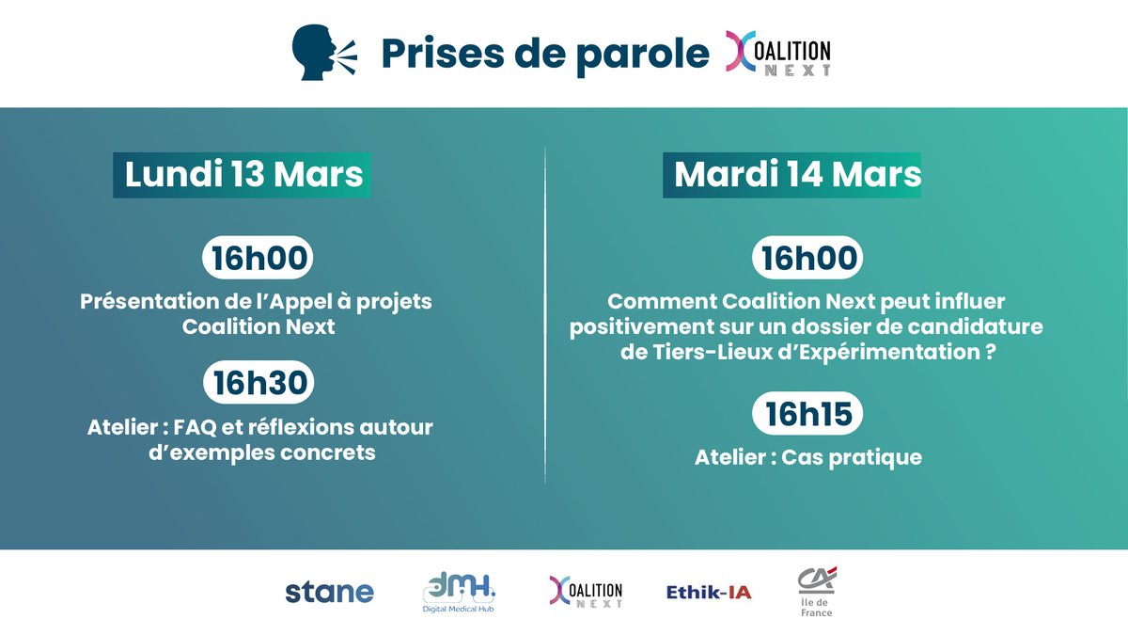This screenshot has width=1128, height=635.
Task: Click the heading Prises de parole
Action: pyautogui.click(x=545, y=55)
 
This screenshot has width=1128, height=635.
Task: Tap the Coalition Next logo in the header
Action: pyautogui.click(x=778, y=55)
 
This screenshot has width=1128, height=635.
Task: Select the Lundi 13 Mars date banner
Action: pyautogui.click(x=243, y=176)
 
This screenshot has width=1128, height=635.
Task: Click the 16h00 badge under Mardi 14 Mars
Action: pyautogui.click(x=809, y=259)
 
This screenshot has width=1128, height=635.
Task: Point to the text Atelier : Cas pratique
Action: pyautogui.click(x=808, y=458)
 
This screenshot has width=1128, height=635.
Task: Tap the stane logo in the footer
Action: pyautogui.click(x=329, y=593)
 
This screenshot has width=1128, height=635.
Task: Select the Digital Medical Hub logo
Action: pyautogui.click(x=459, y=593)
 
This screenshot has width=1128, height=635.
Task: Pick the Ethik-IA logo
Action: pyautogui.click(x=709, y=593)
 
